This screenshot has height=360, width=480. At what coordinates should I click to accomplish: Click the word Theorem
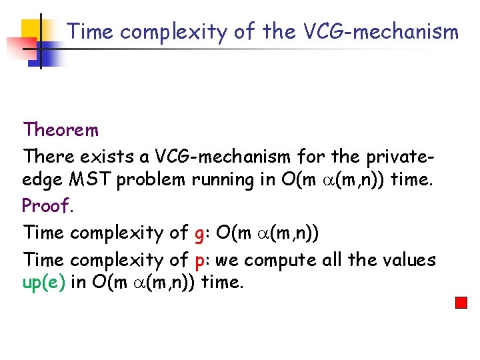61,129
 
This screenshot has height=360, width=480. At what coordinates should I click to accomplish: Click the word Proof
47,206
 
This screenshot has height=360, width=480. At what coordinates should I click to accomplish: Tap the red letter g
198,234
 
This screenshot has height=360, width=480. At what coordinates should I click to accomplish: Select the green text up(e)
44,283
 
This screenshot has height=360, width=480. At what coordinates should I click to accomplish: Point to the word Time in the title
91,31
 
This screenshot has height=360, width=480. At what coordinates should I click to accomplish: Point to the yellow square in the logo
31,30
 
